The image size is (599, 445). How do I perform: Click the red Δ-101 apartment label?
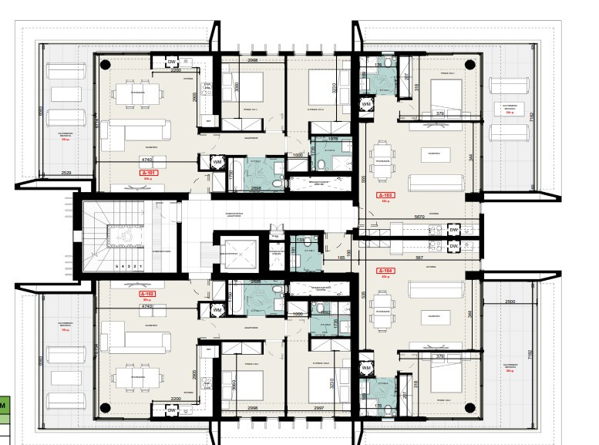click(x=147, y=174)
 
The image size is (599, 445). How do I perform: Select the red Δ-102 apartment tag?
click(x=147, y=295)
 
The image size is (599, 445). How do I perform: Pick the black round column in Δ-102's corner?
click(x=106, y=407)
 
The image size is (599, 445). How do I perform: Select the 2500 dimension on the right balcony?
click(x=510, y=302)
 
